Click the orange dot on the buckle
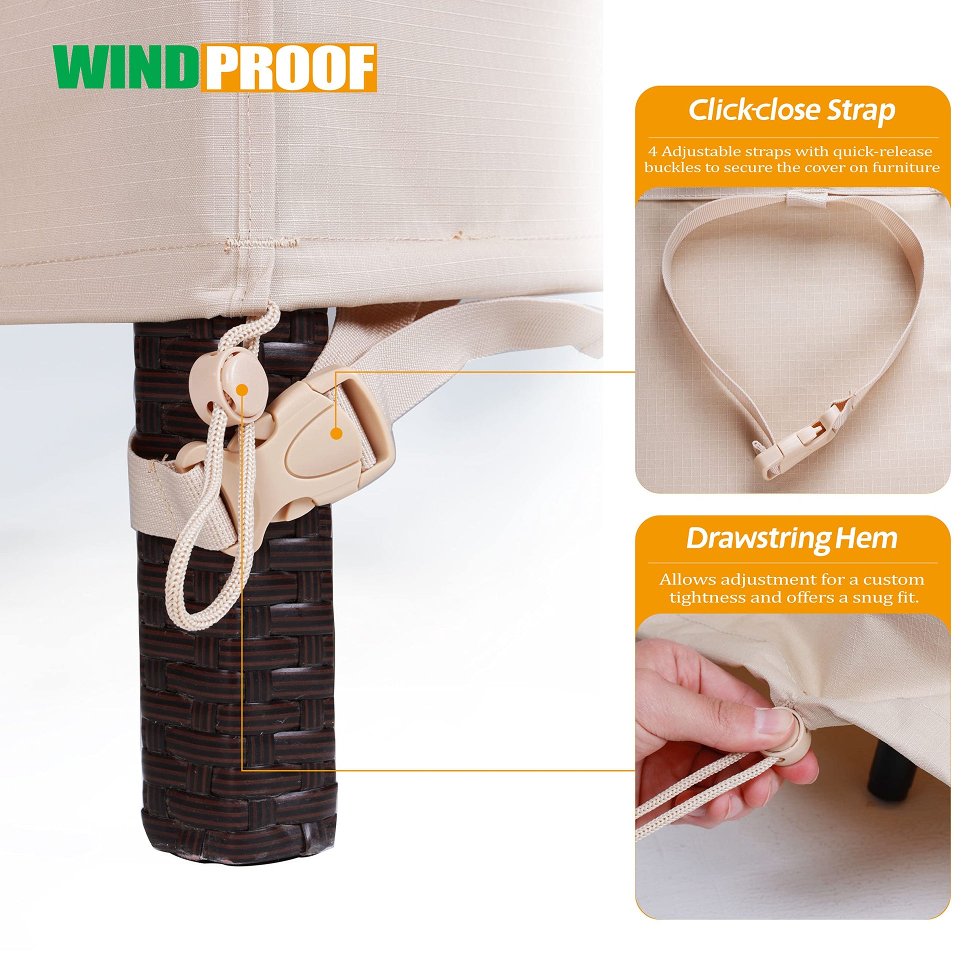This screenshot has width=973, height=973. click(x=337, y=432)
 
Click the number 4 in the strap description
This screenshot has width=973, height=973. click(x=652, y=151)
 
